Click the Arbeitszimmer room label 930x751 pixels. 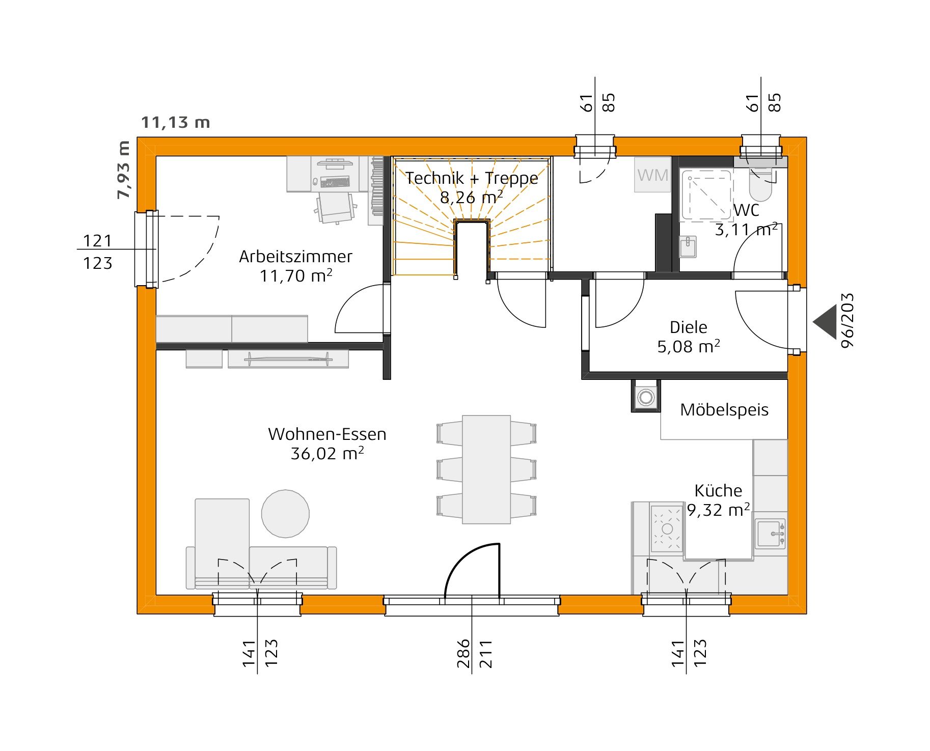point(295,257)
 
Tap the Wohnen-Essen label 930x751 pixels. point(327,434)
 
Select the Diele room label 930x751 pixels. point(688,327)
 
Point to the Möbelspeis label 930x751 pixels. point(724,410)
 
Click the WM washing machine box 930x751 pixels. point(652,175)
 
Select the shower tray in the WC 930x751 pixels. point(706,195)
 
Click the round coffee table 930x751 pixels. point(285,514)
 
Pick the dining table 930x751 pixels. point(486,469)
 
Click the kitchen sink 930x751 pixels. point(770,534)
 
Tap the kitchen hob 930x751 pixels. point(667,529)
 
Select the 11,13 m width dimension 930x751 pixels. point(175,122)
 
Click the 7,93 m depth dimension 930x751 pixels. point(124,170)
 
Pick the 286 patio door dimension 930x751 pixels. point(463,653)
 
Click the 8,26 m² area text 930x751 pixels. point(472,197)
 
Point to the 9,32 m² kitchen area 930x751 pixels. point(718,510)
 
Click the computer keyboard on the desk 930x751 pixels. point(335,182)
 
